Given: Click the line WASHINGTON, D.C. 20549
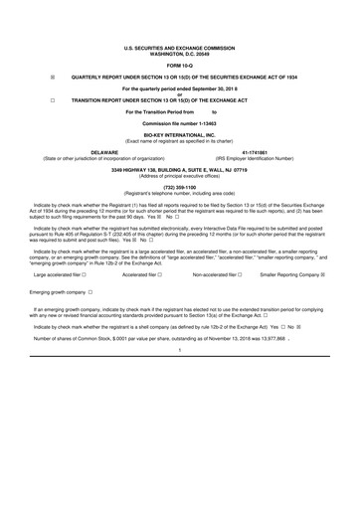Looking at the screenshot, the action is tap(180, 51).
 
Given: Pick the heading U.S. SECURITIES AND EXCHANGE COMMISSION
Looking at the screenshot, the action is tap(180, 46).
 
